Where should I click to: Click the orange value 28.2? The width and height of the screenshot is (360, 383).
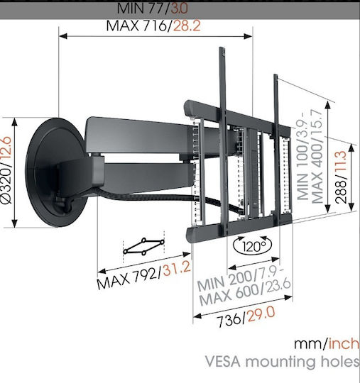click(x=187, y=26)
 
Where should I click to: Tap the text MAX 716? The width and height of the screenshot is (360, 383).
click(x=137, y=26)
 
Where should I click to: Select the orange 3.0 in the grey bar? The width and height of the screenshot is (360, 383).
click(x=179, y=8)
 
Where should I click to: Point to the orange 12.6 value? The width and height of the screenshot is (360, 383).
click(x=6, y=148)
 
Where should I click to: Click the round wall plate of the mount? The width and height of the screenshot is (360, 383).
click(x=55, y=172)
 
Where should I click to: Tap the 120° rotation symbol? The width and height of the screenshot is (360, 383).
click(x=253, y=245)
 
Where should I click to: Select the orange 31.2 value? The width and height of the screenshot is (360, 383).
click(x=177, y=268)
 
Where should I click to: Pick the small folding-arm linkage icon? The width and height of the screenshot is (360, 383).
click(x=144, y=246)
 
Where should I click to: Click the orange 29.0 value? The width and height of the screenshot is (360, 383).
click(x=261, y=315)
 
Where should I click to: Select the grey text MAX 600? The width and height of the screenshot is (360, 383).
click(x=230, y=295)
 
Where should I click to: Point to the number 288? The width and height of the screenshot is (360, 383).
click(x=341, y=191)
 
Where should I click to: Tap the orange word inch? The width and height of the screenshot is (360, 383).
click(x=344, y=343)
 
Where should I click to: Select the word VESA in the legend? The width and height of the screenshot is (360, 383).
click(x=223, y=362)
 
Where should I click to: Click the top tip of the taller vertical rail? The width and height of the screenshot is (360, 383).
click(x=222, y=48)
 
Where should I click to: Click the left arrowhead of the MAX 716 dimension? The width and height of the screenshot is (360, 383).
click(x=63, y=36)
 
